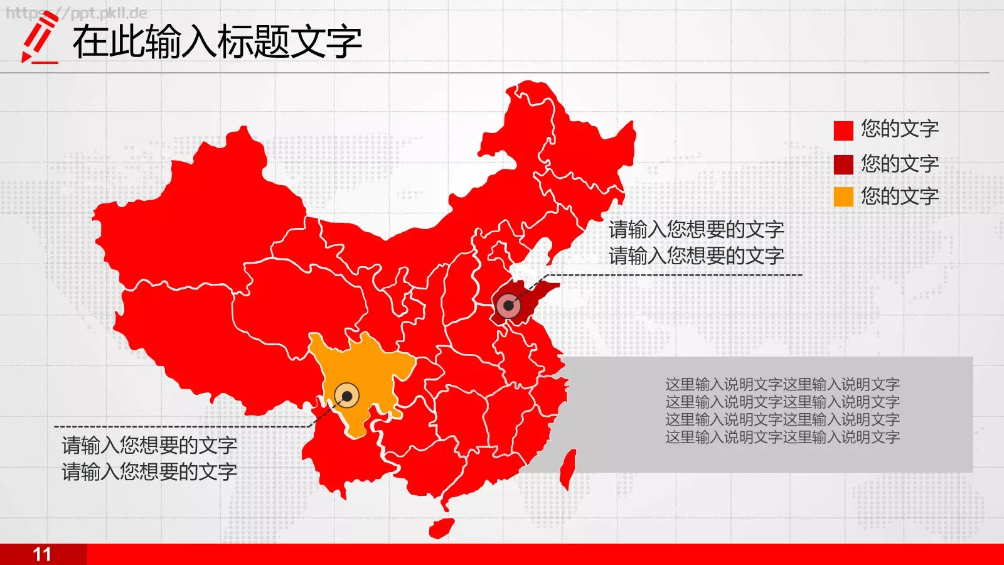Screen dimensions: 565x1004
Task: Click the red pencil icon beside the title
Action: (x=39, y=39)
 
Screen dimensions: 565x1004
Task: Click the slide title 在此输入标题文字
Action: (x=216, y=42)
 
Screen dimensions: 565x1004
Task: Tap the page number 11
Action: (x=42, y=554)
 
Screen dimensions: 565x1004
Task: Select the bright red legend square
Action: (x=843, y=131)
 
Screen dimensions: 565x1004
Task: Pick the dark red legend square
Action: (x=843, y=164)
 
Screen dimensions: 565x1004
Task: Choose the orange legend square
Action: (x=843, y=197)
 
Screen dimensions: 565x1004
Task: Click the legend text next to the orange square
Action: (x=899, y=196)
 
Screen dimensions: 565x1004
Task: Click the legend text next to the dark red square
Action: (x=899, y=164)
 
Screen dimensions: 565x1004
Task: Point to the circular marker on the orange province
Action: (x=346, y=396)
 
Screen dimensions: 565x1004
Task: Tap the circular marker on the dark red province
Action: (x=508, y=306)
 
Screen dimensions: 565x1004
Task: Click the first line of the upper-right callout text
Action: (x=696, y=230)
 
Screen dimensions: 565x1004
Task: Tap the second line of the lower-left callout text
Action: (x=149, y=472)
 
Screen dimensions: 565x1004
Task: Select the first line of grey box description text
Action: (x=782, y=384)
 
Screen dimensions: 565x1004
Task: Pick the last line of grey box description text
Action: (x=782, y=437)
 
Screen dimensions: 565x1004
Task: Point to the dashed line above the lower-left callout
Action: (x=182, y=427)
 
